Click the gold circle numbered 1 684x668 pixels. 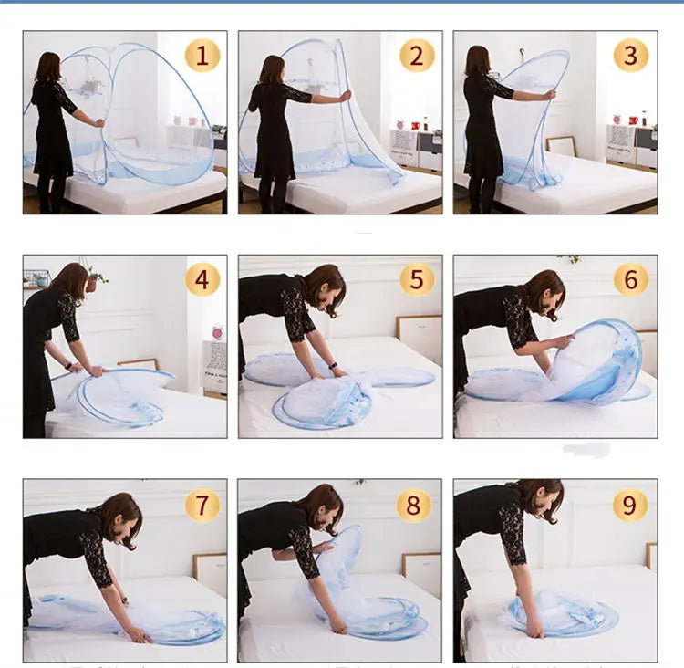click(202, 55)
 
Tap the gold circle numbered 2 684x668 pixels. click(417, 55)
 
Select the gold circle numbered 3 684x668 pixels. click(630, 55)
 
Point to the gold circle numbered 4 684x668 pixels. click(202, 278)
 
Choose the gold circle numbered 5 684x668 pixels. click(417, 278)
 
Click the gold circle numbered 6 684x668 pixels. click(630, 278)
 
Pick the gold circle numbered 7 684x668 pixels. click(202, 505)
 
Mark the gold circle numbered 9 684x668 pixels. click(630, 505)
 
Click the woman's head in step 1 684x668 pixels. click(47, 67)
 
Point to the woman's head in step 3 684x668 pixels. click(477, 60)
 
